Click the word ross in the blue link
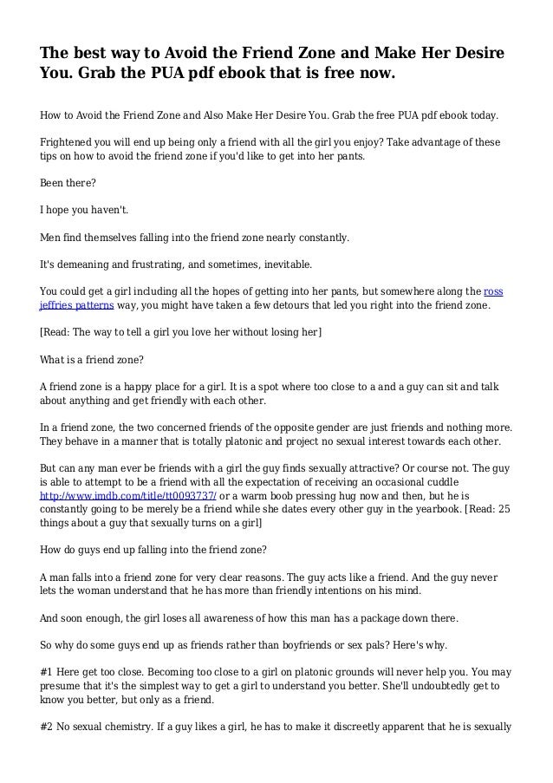pyautogui.click(x=492, y=290)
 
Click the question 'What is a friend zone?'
pyautogui.click(x=93, y=359)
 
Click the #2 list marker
pyautogui.click(x=49, y=729)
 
